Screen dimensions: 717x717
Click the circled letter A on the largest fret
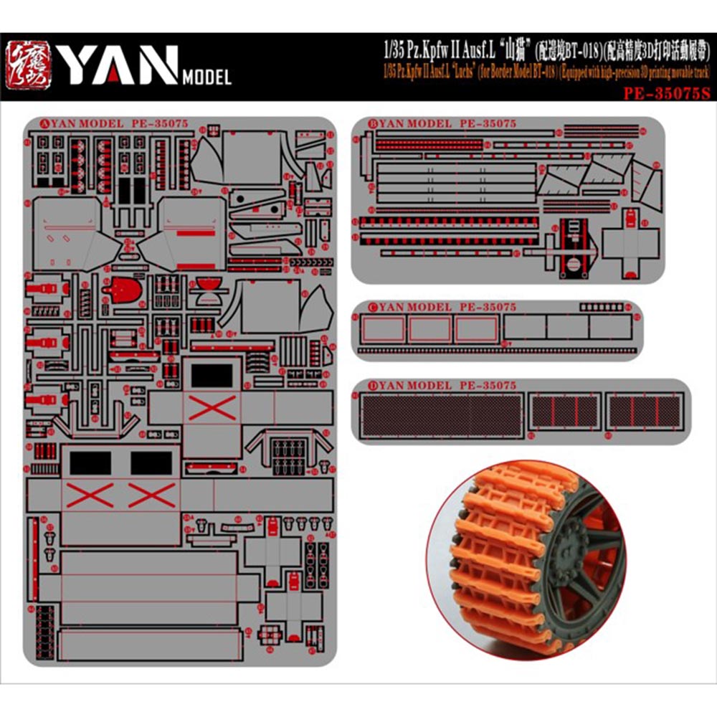pos(30,124)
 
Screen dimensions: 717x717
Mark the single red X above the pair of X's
pos(212,408)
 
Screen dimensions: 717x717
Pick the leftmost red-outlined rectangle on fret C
pos(383,329)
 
